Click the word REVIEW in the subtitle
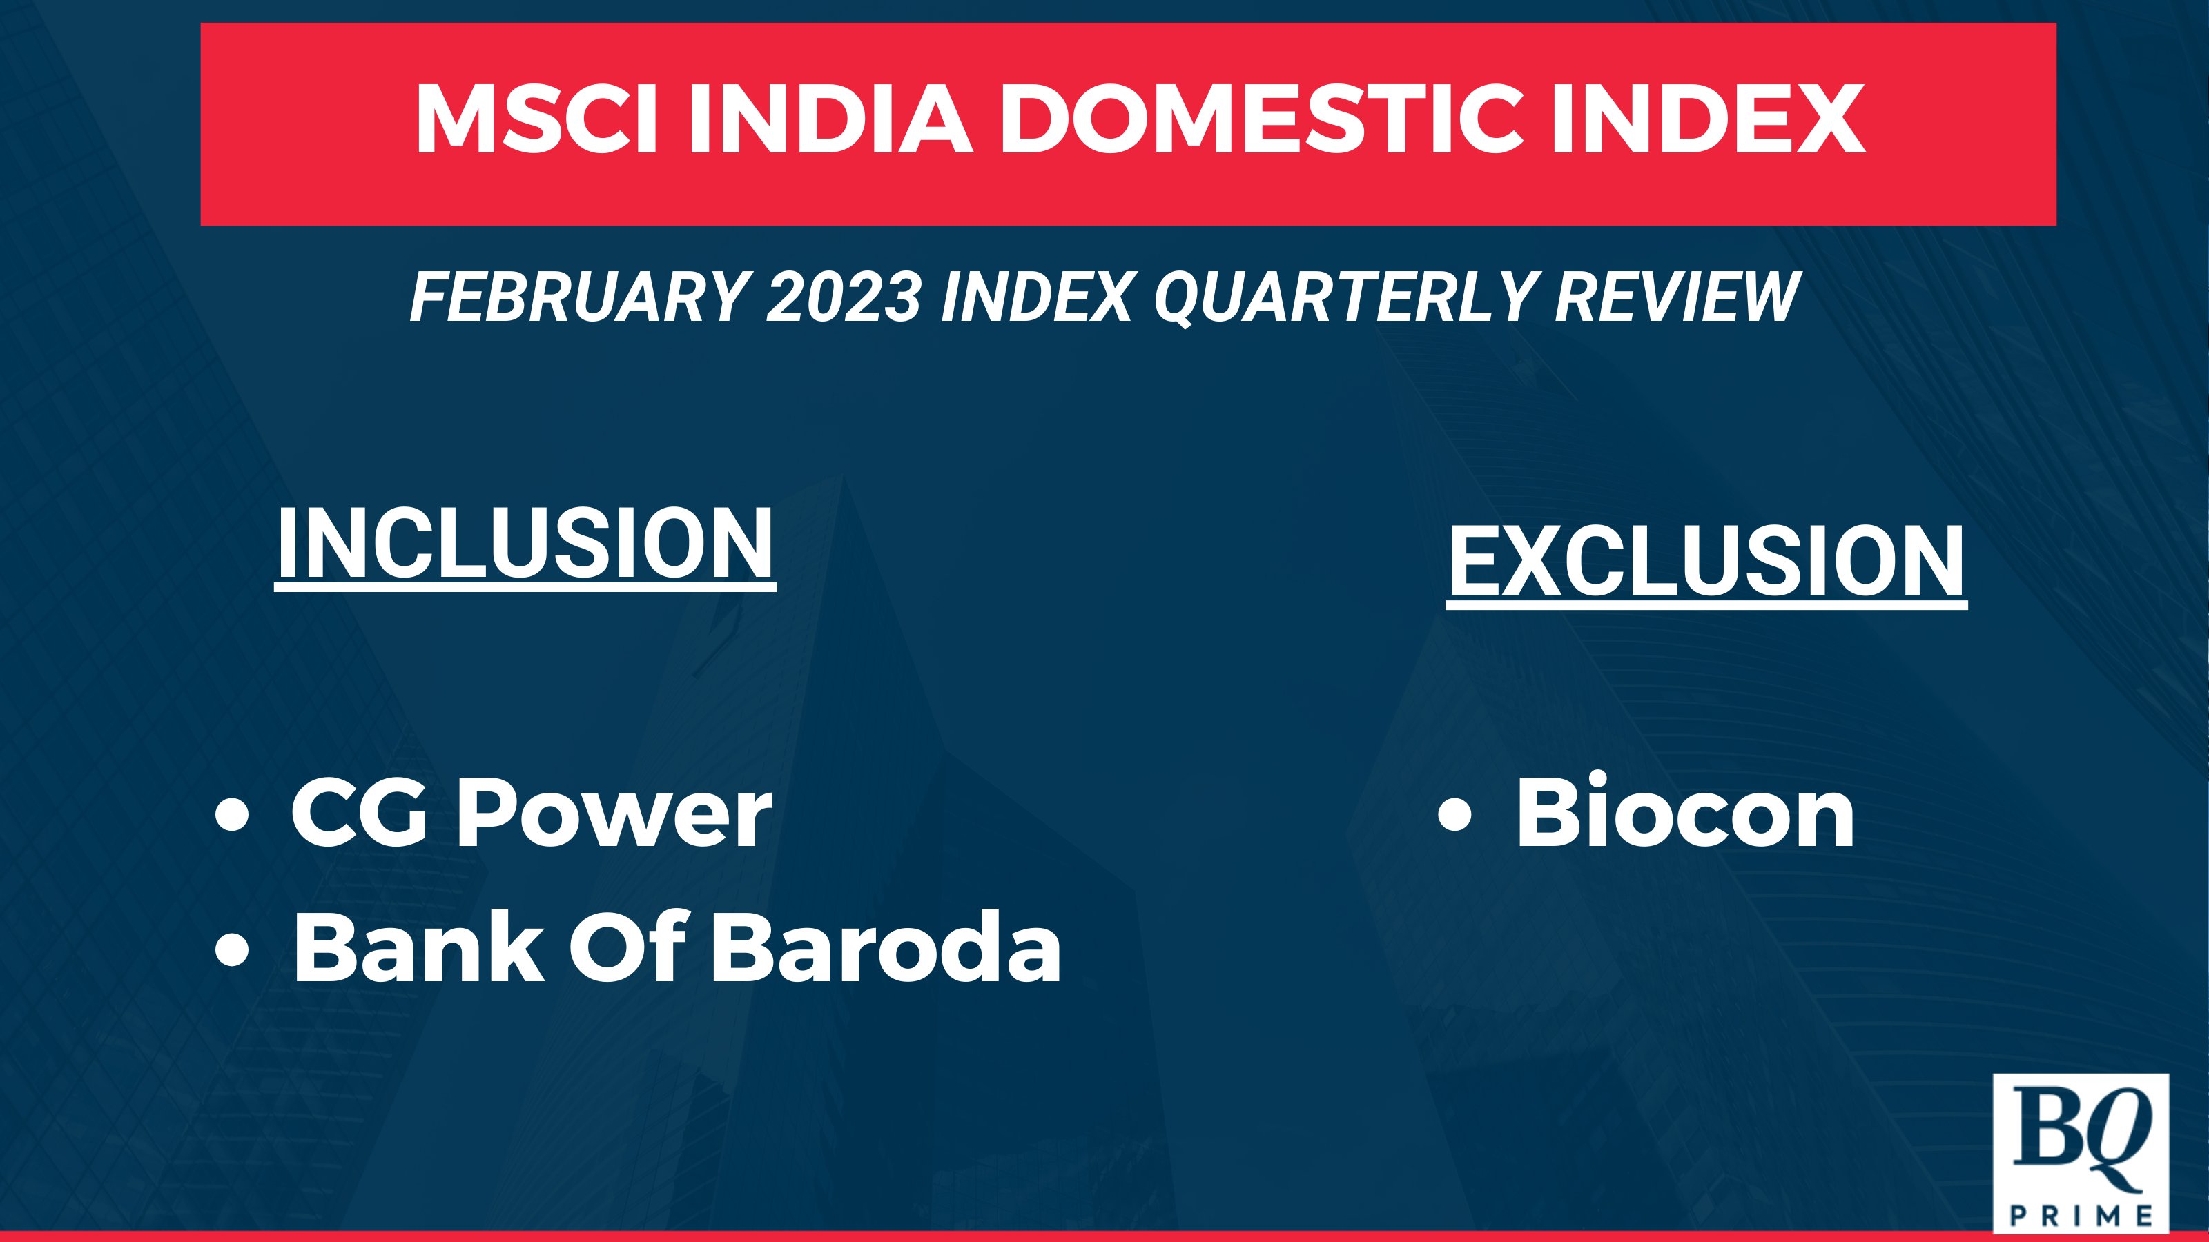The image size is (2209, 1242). tap(1677, 297)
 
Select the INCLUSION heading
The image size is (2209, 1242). tap(525, 545)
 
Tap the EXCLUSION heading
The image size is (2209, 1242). tap(1706, 562)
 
